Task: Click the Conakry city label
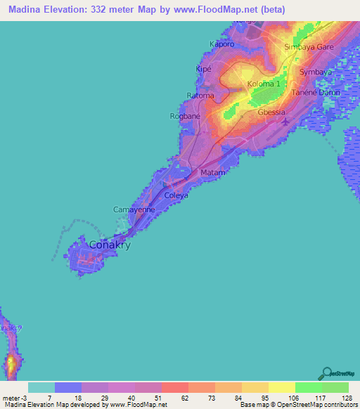110,246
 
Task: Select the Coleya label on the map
176,196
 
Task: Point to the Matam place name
212,172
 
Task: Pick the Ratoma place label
200,95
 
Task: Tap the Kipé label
202,69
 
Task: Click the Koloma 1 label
264,84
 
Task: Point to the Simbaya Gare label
309,47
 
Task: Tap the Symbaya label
315,72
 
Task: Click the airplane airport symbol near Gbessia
284,124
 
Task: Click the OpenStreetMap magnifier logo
326,372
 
